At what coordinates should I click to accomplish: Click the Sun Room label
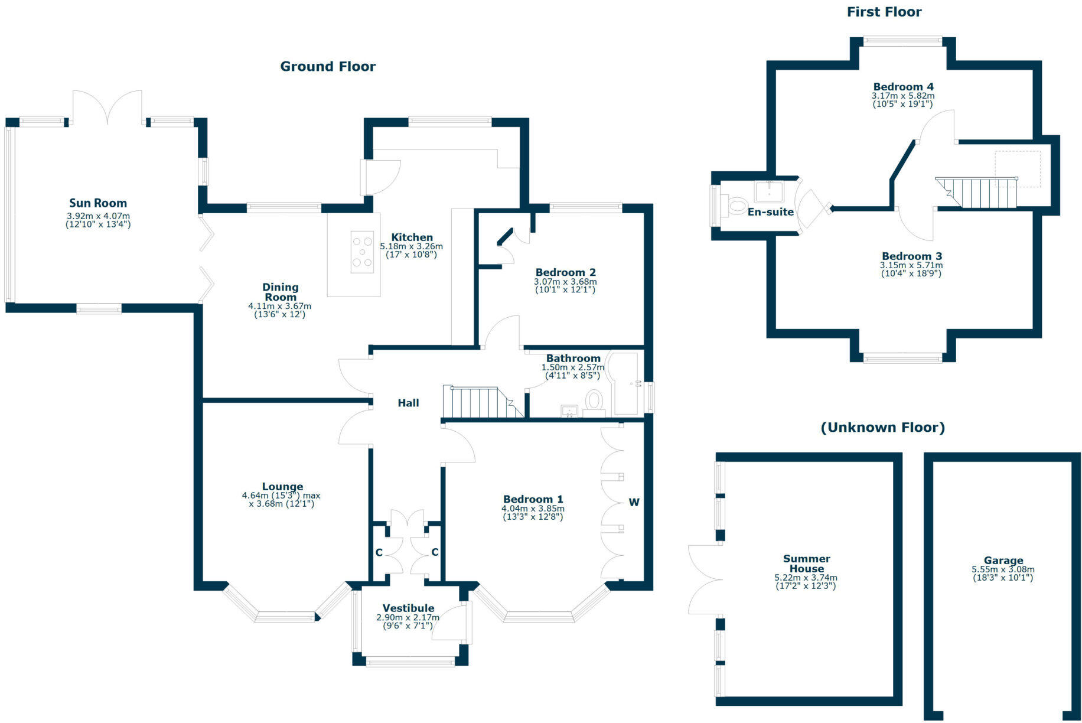point(98,203)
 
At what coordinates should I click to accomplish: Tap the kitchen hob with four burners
point(362,252)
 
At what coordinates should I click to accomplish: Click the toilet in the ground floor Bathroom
point(593,400)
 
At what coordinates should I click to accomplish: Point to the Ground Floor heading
point(328,67)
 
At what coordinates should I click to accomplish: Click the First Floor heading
point(884,12)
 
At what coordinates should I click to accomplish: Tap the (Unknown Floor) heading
point(882,428)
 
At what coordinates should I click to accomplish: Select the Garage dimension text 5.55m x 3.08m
point(1003,569)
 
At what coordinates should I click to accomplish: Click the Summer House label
point(806,564)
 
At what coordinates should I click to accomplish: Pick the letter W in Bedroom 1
point(634,503)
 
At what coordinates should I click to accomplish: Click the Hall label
point(408,403)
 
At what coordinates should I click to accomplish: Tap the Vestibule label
point(408,608)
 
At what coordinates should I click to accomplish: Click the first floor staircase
point(977,193)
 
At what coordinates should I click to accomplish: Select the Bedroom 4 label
point(903,87)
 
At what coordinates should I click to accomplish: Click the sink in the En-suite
point(769,191)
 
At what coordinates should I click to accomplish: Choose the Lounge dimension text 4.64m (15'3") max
point(281,496)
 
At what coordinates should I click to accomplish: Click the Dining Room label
point(281,292)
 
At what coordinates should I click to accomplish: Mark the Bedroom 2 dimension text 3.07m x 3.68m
point(565,282)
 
